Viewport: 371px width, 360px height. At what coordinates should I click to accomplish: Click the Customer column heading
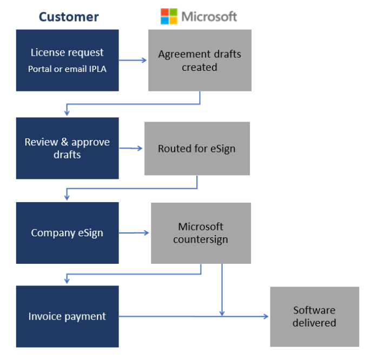point(69,17)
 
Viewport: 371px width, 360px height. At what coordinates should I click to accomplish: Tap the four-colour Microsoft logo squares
point(169,16)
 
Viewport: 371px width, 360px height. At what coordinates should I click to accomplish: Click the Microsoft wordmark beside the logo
point(209,16)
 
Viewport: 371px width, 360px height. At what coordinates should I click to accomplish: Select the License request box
point(67,60)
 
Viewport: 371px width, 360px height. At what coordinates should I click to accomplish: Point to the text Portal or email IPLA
point(67,69)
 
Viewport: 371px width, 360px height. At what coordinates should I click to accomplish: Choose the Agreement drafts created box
point(200,60)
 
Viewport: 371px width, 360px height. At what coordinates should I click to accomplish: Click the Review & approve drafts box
point(67,148)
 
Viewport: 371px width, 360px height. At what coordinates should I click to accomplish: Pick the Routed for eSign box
point(197,148)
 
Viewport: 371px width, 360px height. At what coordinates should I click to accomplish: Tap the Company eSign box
point(67,233)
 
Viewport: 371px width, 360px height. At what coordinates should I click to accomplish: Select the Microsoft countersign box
point(201,233)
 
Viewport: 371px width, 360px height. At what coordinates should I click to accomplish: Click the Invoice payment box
point(67,316)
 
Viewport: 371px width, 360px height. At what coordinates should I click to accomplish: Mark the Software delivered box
point(314,316)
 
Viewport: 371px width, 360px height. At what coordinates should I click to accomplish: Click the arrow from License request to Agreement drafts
point(133,60)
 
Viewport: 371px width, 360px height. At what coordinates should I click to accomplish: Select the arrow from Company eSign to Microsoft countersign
point(134,233)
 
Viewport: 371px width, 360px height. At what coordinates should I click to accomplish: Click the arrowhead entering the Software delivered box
point(266,316)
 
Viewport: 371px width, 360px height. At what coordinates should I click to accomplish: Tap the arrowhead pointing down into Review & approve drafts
point(67,112)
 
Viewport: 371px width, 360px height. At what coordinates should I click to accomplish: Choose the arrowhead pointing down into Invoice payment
point(67,281)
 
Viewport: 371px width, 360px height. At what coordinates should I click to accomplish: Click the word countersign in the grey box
point(201,239)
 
